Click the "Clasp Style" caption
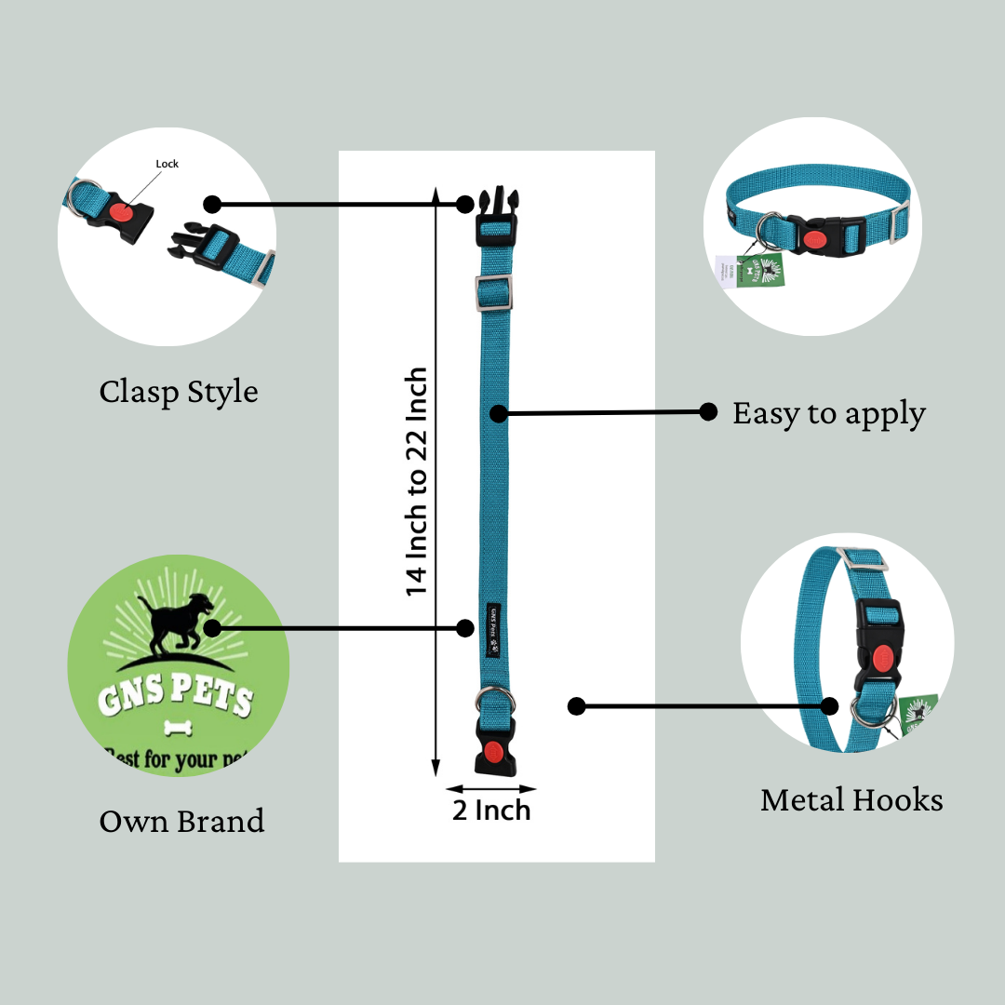click(x=179, y=392)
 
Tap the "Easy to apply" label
click(x=828, y=413)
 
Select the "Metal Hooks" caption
click(x=851, y=799)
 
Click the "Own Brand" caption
click(x=181, y=821)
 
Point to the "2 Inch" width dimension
click(x=491, y=810)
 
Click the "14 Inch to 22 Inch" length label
click(x=416, y=482)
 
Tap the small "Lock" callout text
click(x=167, y=164)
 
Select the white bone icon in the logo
click(x=177, y=727)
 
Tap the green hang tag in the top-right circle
click(x=762, y=269)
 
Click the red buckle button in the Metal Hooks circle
click(x=880, y=656)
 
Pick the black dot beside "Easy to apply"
click(x=708, y=411)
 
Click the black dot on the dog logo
click(x=212, y=628)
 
